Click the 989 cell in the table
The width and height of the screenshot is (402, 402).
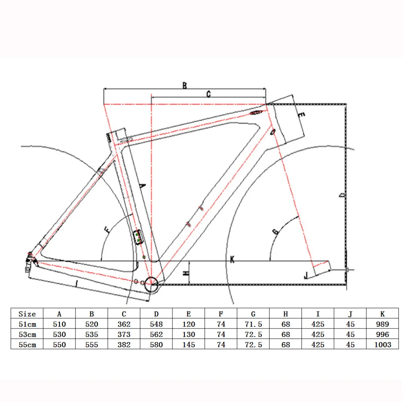click(x=382, y=324)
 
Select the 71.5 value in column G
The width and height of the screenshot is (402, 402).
click(x=253, y=324)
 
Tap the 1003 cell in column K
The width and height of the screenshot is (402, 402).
click(x=383, y=345)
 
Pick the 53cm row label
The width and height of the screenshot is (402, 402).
click(x=27, y=334)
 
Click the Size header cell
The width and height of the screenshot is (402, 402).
click(x=27, y=314)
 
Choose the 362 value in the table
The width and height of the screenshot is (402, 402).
click(x=124, y=324)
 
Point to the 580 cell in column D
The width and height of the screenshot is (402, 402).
click(x=156, y=345)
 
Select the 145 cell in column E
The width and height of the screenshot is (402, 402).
click(x=189, y=345)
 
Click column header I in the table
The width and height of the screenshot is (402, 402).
click(x=318, y=314)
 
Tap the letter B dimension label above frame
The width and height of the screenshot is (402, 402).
click(x=185, y=85)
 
